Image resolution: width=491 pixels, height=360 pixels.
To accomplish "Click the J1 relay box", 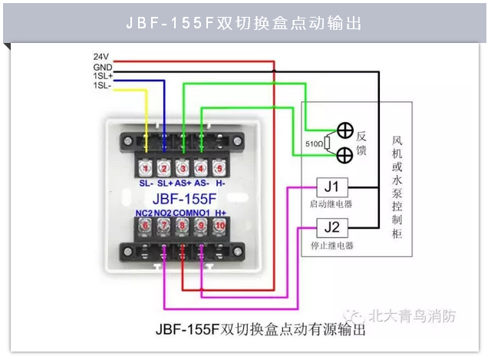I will [x=331, y=187].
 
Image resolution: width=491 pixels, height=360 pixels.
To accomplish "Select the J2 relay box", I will [x=331, y=228].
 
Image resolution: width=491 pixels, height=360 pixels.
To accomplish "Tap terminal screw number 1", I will [x=145, y=167].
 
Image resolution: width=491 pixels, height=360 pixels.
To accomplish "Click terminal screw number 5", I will [x=219, y=167].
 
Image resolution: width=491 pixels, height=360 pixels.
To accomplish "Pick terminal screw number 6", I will [x=144, y=225].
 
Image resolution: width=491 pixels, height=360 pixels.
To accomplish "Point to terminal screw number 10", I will [x=219, y=225].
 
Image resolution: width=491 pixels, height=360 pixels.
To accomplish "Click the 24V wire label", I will [x=101, y=57].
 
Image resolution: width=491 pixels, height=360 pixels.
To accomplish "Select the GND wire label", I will [x=102, y=67].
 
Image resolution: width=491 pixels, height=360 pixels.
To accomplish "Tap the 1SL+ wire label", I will [x=102, y=76].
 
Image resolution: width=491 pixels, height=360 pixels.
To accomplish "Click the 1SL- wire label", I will [x=101, y=85].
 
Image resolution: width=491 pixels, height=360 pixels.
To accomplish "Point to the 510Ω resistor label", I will [x=314, y=144].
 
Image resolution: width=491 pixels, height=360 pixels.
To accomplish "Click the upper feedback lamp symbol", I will [x=344, y=130].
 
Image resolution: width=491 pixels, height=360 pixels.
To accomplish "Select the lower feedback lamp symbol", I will [x=344, y=154].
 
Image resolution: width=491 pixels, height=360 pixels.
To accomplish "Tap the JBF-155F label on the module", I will [x=181, y=197].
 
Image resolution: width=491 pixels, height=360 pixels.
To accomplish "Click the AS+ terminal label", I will [x=183, y=184].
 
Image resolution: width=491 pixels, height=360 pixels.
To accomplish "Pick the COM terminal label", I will [x=182, y=212].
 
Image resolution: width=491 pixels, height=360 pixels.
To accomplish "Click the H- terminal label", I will [x=219, y=184].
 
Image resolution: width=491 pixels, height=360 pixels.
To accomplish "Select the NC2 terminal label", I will [x=143, y=212].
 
